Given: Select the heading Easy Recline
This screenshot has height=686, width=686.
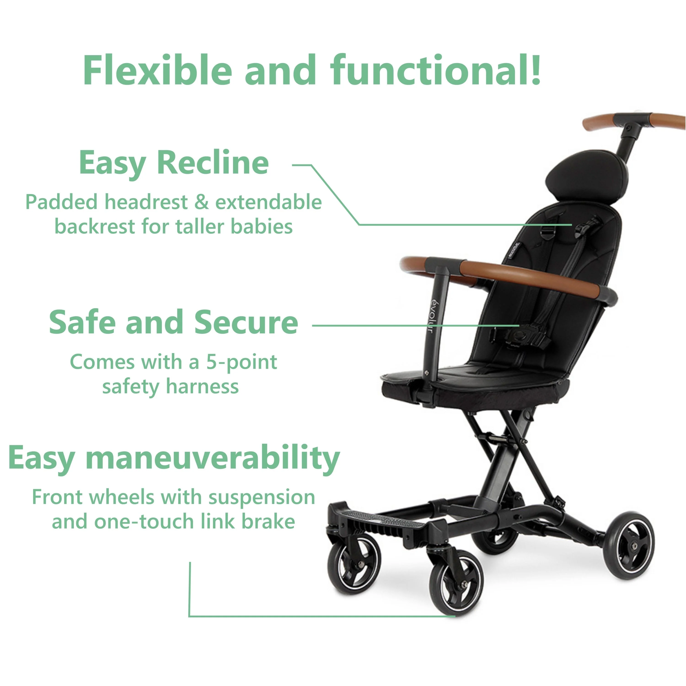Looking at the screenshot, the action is pos(174,163).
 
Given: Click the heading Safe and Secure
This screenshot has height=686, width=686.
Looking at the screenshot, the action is pos(174,322).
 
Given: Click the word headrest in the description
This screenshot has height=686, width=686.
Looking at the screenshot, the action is pos(146,202).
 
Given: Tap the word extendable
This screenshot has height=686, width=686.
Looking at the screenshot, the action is pos(268,202).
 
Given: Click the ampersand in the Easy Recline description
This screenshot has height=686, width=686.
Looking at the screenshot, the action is pos(201,202).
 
